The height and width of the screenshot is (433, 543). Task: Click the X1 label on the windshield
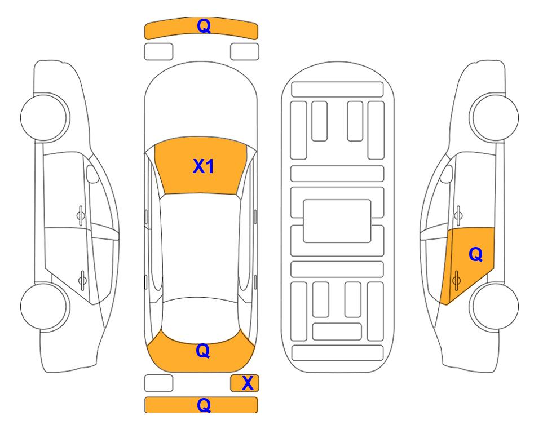(204, 166)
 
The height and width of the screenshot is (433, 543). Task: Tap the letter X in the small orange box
(248, 383)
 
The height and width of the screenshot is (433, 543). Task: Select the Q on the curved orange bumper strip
(204, 26)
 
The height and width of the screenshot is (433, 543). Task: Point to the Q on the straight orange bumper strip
(204, 405)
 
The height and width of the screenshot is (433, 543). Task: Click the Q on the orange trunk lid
(202, 351)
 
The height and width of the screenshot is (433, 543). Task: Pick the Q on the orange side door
(475, 255)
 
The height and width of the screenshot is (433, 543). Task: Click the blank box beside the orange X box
(158, 383)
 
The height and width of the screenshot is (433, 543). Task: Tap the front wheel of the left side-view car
(45, 117)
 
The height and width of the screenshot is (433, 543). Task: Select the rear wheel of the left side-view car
(45, 306)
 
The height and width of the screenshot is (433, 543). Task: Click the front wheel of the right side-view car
(494, 117)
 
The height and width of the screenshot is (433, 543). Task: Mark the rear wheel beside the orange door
(494, 306)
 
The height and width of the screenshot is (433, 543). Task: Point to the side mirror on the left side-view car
(92, 174)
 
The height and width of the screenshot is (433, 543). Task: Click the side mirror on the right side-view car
(447, 174)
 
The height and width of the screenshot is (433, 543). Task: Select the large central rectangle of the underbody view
(337, 221)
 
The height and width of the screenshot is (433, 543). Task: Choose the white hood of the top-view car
(201, 104)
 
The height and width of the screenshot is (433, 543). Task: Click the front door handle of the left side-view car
(81, 215)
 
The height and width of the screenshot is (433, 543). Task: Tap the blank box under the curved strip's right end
(245, 52)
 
